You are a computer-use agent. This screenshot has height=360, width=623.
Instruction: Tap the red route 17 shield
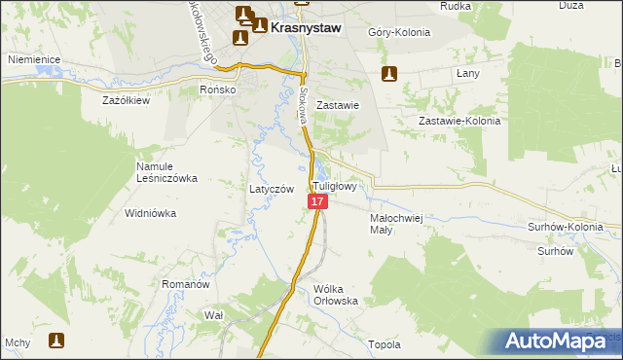(x=317, y=201)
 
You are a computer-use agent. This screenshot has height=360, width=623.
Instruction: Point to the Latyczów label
(x=272, y=189)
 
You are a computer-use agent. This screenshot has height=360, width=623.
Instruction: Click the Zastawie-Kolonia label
(x=458, y=121)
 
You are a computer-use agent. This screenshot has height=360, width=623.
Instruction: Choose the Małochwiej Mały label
(x=395, y=224)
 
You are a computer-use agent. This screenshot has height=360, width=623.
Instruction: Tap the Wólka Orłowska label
(x=337, y=295)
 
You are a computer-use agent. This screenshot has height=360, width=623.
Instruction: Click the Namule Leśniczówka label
(x=166, y=172)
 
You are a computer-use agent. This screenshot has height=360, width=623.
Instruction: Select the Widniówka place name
(x=149, y=212)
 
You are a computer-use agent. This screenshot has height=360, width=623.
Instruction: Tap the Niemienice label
(x=35, y=59)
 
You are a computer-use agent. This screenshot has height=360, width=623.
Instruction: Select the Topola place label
(x=385, y=344)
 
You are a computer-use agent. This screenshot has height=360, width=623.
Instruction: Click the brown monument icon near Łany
(x=389, y=73)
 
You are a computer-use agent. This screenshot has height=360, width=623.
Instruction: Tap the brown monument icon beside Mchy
(x=56, y=341)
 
